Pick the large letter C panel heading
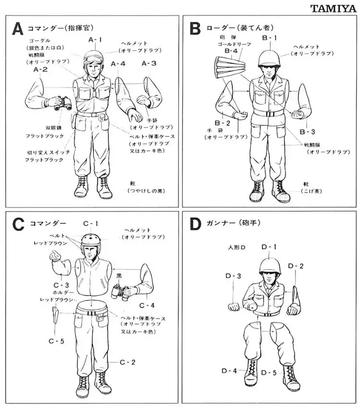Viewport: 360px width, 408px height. click(x=18, y=224)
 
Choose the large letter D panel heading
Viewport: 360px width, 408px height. click(x=195, y=224)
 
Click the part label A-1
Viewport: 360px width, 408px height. click(x=95, y=39)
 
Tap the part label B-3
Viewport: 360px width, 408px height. click(x=307, y=131)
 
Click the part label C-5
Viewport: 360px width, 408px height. click(x=56, y=341)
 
